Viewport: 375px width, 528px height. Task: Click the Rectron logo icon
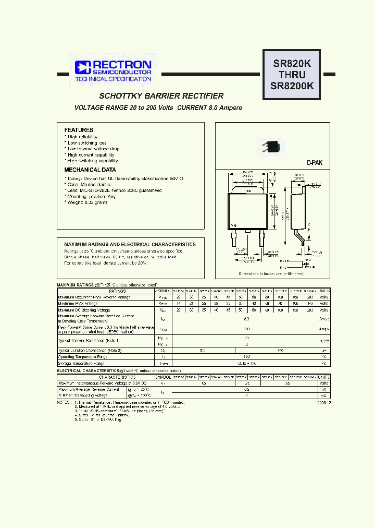83,67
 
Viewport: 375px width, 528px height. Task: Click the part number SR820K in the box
292,64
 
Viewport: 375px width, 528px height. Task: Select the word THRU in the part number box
292,75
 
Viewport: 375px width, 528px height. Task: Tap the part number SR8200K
292,87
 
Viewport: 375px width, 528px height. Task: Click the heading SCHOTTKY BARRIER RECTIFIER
161,96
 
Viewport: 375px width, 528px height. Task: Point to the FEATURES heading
79,130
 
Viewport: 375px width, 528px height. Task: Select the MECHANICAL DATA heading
90,170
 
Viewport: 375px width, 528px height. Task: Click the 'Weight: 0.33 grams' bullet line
87,202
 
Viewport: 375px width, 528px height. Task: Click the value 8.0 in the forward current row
245,318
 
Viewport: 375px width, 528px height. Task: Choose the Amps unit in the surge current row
323,329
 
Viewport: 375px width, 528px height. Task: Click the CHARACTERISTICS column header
117,377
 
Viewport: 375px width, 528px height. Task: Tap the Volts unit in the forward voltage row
323,383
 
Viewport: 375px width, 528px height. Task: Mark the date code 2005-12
322,403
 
